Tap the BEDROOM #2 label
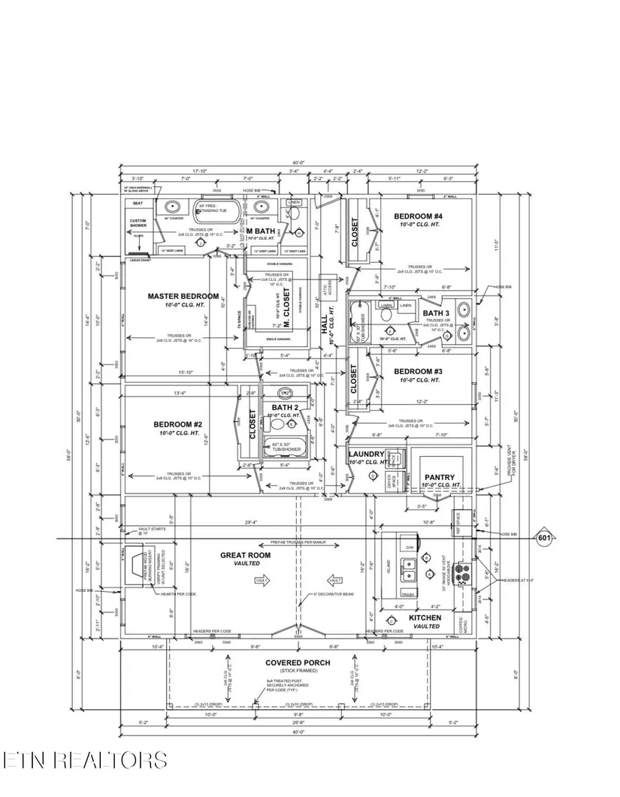pos(177,424)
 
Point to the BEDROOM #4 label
pos(419,216)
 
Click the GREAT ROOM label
pos(240,556)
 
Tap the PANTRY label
pos(440,477)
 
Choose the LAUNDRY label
pos(366,454)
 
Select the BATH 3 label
pos(435,312)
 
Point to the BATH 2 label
pos(286,407)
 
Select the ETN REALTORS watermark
pos(84,760)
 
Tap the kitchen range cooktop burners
pos(463,574)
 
